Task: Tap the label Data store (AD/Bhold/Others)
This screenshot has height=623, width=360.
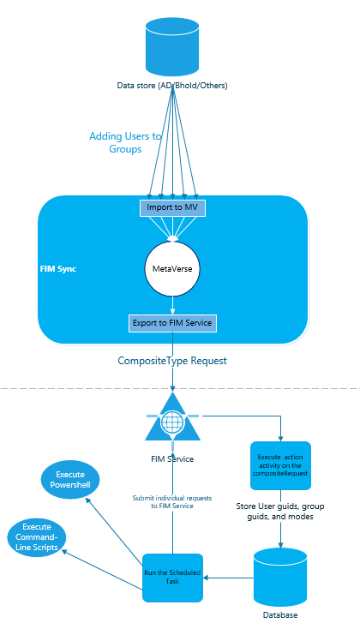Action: coord(172,86)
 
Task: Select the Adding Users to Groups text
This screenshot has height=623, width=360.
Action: coord(125,142)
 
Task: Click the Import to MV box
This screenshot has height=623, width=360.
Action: coord(172,207)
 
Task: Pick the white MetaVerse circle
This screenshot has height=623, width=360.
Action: coord(172,268)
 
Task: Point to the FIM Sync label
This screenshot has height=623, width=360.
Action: coord(58,269)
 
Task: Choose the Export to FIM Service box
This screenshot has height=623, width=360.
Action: coord(172,323)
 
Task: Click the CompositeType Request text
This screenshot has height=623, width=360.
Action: coord(172,361)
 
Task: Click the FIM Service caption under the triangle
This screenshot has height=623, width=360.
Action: coord(172,459)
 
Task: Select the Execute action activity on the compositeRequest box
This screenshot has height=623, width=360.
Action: coord(280,465)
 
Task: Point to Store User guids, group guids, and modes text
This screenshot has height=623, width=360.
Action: coord(280,512)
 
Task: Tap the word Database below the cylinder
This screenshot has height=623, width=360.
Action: coord(280,615)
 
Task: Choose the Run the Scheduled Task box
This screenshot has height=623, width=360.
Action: coord(172,578)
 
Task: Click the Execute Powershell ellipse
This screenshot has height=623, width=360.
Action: coord(70,480)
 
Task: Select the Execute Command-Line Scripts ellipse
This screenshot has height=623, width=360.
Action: coord(37,537)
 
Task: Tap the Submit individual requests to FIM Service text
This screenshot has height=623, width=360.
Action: coord(172,502)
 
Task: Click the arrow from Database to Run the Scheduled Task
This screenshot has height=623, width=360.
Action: coord(228,578)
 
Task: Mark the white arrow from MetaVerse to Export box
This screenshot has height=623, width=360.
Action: coord(172,306)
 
